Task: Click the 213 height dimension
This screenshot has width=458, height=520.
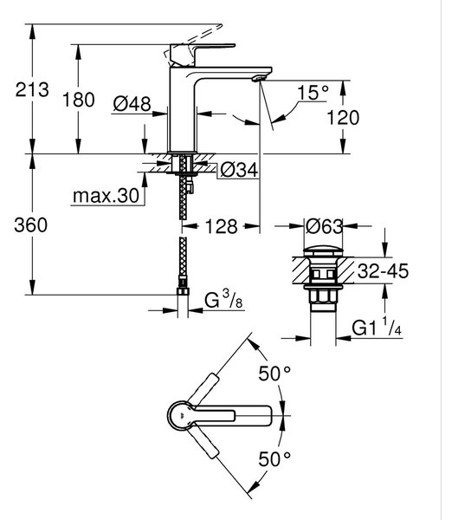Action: pos(32,90)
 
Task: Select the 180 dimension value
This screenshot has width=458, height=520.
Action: pos(79,100)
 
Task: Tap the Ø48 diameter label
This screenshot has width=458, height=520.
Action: pos(132,104)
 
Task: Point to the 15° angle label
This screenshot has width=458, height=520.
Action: pos(313,93)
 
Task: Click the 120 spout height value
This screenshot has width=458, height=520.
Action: pos(343,118)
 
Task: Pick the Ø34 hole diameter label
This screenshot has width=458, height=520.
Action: pos(239,171)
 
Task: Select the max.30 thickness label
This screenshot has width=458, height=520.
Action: pos(106,196)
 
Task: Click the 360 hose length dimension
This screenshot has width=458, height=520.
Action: pos(30,225)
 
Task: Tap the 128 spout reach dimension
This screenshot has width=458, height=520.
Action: pos(222,227)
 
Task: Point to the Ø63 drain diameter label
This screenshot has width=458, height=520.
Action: pos(324,226)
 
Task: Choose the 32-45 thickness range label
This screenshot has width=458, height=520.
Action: pos(383,271)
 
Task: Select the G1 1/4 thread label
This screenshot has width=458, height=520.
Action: pos(377,327)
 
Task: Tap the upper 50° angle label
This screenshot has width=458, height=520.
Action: pos(274,374)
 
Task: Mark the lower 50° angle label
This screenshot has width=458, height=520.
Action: pos(274,459)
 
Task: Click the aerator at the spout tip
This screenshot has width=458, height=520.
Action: pos(259,78)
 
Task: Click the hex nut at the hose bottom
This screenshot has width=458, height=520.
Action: pos(184,291)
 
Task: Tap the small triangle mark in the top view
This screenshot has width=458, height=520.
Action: pos(181,415)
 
